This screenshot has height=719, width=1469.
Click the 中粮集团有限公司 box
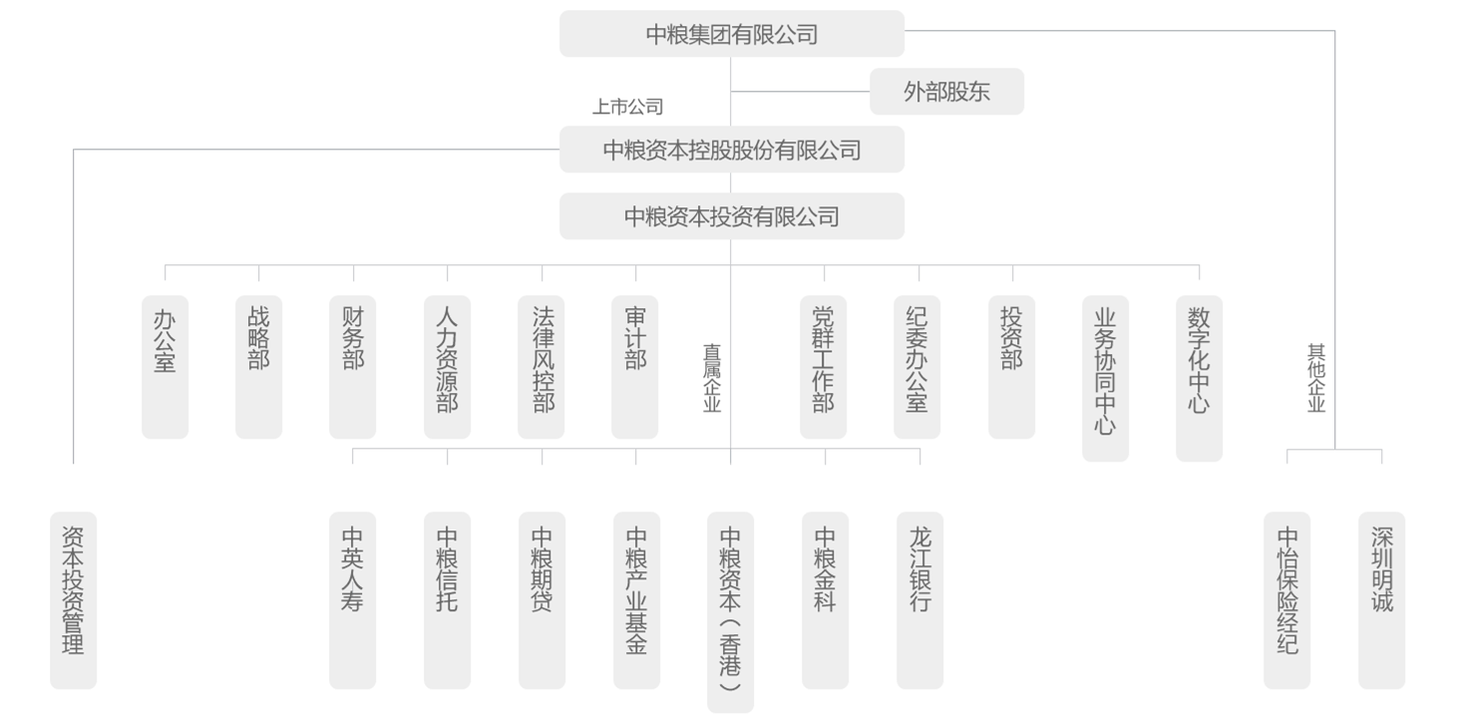[732, 34]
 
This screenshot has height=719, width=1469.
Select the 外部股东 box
[947, 91]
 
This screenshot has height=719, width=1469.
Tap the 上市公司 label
[627, 107]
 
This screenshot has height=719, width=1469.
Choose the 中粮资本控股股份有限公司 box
[732, 150]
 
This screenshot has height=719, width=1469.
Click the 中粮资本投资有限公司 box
[732, 215]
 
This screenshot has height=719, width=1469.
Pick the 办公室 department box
[166, 367]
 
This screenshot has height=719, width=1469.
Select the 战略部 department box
[259, 367]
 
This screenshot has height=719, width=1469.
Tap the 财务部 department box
[353, 367]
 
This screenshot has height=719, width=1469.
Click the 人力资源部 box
[447, 367]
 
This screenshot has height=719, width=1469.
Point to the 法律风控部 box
[542, 367]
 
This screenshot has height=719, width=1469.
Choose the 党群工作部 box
[823, 367]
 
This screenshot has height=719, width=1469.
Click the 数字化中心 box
[1200, 379]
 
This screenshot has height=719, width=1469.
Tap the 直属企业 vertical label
[712, 379]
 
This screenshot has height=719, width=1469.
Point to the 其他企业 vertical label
[1316, 379]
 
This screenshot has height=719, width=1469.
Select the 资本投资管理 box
[74, 600]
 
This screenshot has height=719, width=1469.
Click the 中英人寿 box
[353, 600]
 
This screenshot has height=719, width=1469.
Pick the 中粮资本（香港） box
[731, 612]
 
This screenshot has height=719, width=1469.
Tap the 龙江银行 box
[920, 600]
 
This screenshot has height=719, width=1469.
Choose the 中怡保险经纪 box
[1287, 600]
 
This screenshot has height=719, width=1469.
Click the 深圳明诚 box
[1382, 600]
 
